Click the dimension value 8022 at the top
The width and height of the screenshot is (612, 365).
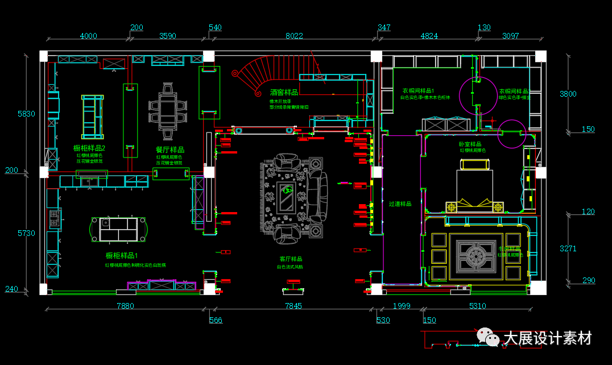click(x=293, y=36)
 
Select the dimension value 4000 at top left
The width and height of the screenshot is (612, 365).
click(x=88, y=36)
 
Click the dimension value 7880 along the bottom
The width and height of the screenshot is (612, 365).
click(x=125, y=306)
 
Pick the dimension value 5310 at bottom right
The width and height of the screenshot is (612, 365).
click(x=477, y=306)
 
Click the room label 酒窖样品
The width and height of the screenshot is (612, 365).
click(x=284, y=92)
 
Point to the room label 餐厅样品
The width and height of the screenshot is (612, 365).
click(x=169, y=150)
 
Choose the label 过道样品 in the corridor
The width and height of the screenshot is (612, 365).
click(x=400, y=204)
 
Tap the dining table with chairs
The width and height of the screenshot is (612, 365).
click(x=168, y=111)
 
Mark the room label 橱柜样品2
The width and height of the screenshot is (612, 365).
click(x=89, y=148)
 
